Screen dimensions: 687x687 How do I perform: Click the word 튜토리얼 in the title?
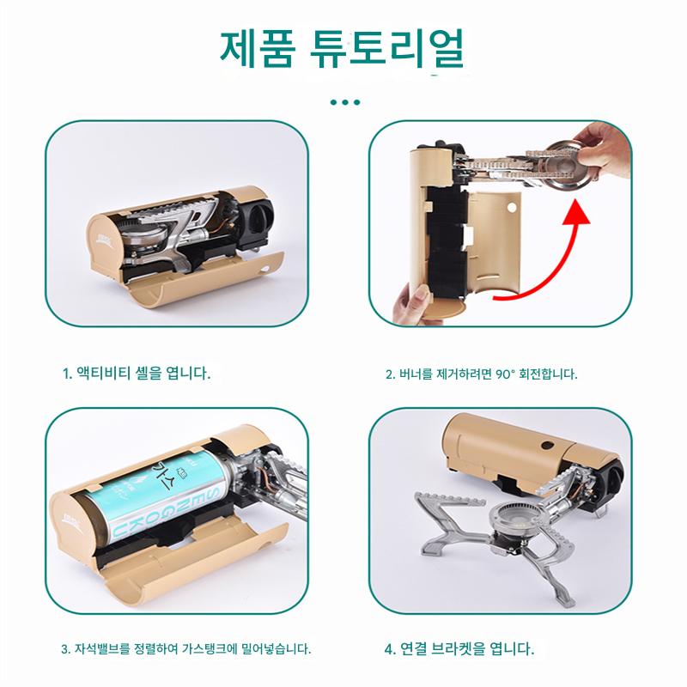click(x=386, y=48)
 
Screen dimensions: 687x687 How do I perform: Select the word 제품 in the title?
click(x=257, y=48)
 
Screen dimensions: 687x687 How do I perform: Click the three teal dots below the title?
click(x=345, y=102)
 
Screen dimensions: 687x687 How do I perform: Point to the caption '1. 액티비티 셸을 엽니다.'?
click(x=137, y=374)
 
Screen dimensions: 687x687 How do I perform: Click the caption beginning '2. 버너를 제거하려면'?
click(x=482, y=374)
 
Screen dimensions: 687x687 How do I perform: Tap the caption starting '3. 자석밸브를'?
click(x=186, y=648)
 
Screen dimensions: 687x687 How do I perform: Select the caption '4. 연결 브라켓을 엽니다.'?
click(x=459, y=648)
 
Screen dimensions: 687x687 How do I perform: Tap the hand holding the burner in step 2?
click(x=604, y=149)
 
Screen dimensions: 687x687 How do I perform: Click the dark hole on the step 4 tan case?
click(x=547, y=446)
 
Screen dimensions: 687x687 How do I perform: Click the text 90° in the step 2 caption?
click(x=504, y=374)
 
